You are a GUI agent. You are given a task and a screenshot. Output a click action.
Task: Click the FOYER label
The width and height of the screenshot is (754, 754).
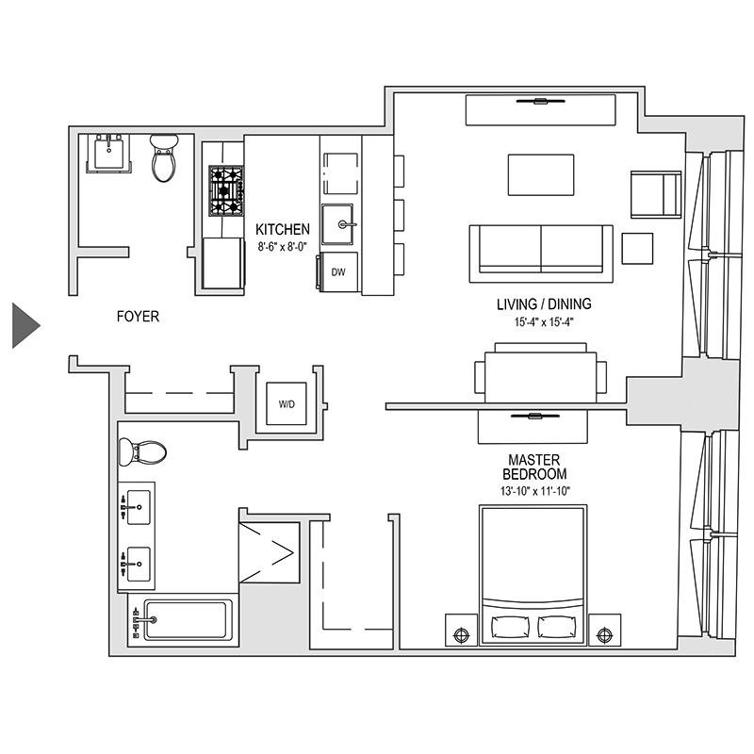point(138,318)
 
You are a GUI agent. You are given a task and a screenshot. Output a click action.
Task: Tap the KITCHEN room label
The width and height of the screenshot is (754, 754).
point(283,229)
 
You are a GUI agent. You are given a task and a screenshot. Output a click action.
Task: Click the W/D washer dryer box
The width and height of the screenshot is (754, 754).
point(287,404)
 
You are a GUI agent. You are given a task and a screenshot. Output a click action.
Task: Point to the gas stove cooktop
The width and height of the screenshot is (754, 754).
point(226,190)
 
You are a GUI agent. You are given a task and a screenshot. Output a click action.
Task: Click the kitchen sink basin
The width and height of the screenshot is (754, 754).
point(338,226)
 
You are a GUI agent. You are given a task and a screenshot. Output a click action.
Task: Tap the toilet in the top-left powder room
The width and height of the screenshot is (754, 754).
point(165,157)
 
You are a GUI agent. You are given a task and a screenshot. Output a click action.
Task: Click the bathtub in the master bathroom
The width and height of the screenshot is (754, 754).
point(185,620)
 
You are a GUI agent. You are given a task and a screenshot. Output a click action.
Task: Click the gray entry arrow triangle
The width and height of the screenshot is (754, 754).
point(25,326)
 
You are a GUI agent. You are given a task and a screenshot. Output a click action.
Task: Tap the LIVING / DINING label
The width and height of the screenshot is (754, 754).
point(544,304)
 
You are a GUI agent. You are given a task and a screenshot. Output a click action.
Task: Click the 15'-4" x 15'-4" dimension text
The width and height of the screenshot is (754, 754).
point(544,321)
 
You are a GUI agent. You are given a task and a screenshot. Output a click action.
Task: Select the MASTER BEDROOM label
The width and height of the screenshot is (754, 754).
point(534,467)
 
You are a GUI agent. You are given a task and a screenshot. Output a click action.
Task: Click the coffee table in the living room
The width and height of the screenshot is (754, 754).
point(541,174)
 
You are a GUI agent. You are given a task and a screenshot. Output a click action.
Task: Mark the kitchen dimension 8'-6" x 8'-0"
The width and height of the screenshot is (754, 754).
point(283,245)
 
